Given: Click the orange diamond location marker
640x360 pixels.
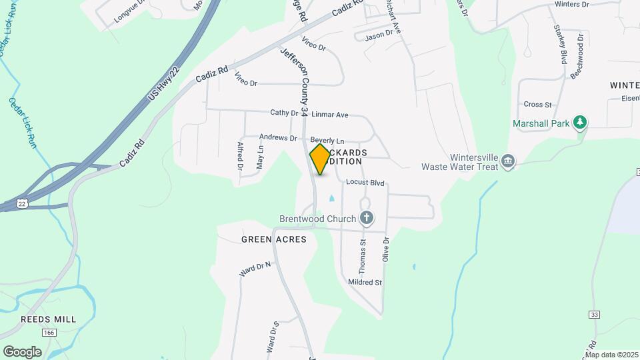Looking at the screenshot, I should pyautogui.click(x=320, y=159).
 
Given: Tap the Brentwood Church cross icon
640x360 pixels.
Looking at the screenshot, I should pyautogui.click(x=366, y=218).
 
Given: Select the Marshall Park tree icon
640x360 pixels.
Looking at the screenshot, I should pyautogui.click(x=581, y=122).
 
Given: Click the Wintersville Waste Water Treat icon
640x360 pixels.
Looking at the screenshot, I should pyautogui.click(x=509, y=162).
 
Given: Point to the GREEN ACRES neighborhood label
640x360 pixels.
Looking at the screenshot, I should pyautogui.click(x=273, y=239).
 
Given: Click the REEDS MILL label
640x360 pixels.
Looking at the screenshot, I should pyautogui.click(x=48, y=319).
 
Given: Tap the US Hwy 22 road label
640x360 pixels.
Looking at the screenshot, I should pyautogui.click(x=165, y=84).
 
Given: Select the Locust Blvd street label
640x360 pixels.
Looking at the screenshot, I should pyautogui.click(x=365, y=183).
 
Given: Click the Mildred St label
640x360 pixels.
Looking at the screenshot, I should pyautogui.click(x=365, y=282).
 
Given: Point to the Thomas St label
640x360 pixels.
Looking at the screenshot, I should pyautogui.click(x=363, y=257).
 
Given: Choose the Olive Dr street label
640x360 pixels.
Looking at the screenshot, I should pyautogui.click(x=385, y=249).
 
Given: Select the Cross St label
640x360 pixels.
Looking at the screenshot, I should pyautogui.click(x=538, y=105).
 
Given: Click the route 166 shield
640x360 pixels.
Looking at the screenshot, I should pyautogui.click(x=48, y=332).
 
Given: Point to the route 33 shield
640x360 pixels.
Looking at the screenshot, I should pyautogui.click(x=595, y=314).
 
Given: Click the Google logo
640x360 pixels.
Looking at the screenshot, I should pyautogui.click(x=22, y=351).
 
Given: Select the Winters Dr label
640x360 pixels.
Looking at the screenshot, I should pyautogui.click(x=572, y=4).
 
